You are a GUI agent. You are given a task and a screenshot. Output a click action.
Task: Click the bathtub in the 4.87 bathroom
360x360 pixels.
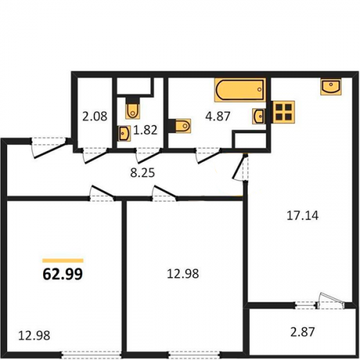coord(240,90)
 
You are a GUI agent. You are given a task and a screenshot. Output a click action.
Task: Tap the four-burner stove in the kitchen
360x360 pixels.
coord(284,112)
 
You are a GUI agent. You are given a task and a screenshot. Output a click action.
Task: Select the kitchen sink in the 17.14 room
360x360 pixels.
coord(331,86)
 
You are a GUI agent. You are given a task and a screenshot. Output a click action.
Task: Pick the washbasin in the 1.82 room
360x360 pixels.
coord(125,133)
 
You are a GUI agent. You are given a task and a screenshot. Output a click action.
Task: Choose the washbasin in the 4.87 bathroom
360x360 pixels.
coord(258,116)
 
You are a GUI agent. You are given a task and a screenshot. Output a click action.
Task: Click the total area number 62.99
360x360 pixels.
coord(63,274)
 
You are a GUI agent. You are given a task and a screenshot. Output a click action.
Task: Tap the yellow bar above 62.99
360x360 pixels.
coord(63,261)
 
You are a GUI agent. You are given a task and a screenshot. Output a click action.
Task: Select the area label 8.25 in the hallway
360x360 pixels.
coord(143,173)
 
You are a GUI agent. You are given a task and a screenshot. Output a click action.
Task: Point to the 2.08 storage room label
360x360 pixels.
coord(95,117)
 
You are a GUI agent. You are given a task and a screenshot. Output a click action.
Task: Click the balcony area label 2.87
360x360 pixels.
coord(302,332)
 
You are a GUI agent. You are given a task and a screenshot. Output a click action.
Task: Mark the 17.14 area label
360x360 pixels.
coord(302,215)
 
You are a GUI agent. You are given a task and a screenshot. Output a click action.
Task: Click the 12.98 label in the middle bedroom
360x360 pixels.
coord(183,274)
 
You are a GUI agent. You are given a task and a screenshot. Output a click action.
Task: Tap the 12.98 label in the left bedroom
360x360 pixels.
coord(35,336)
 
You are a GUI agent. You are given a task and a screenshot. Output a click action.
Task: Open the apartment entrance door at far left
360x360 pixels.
coord(49,148)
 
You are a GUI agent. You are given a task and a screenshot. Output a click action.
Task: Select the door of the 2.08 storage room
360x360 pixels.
coord(95,156)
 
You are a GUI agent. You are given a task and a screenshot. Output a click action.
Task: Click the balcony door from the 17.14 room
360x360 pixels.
coord(330,301)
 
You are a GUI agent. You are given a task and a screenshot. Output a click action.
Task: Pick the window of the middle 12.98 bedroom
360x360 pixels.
coord(194,354)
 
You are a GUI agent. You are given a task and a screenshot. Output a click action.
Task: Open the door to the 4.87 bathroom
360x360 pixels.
coord(209,156)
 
